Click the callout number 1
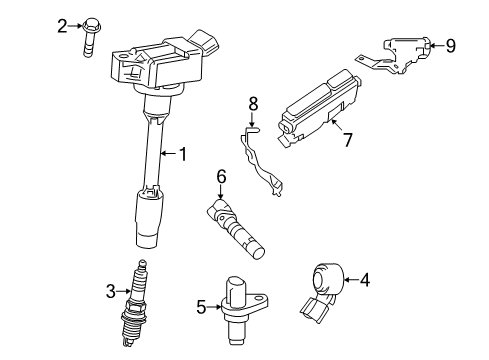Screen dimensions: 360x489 point(182,154)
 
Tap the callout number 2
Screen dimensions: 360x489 point(62,25)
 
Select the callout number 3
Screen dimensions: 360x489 point(111,291)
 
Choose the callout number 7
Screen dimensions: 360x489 point(348,139)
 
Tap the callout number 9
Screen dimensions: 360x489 point(450,44)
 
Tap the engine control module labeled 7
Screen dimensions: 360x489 point(318,106)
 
